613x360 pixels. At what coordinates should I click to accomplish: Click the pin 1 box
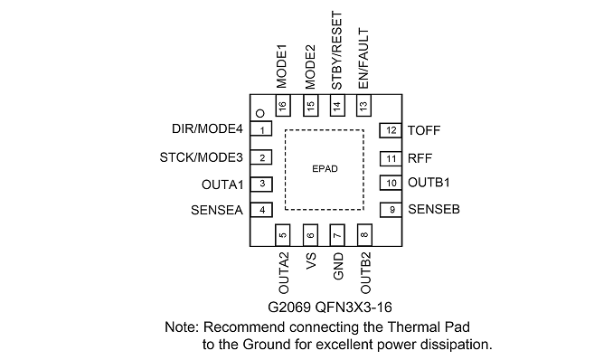[261, 129]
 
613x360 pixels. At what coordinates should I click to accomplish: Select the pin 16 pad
[283, 105]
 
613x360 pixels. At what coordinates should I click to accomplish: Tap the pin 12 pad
[391, 130]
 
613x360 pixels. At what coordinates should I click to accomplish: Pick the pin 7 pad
[337, 235]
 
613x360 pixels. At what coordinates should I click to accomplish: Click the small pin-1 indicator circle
[260, 113]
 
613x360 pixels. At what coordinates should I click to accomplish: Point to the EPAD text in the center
[325, 168]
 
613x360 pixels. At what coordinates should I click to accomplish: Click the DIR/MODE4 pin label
[207, 128]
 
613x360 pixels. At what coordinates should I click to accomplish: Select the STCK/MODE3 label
[202, 157]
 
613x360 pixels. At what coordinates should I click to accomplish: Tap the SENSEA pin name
[217, 210]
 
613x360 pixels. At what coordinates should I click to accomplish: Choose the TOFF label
[424, 130]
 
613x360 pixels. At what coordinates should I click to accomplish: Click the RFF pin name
[420, 158]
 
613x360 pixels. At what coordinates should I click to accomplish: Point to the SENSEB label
[434, 209]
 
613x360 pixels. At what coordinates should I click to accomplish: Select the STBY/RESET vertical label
[336, 50]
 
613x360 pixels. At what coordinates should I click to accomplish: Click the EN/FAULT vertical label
[363, 58]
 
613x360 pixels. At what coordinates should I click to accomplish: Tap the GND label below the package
[338, 266]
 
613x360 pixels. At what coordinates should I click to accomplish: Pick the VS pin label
[311, 261]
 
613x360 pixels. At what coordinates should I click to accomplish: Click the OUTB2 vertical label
[365, 273]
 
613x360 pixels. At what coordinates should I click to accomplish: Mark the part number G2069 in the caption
[289, 308]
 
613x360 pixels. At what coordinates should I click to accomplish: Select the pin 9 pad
[391, 210]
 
